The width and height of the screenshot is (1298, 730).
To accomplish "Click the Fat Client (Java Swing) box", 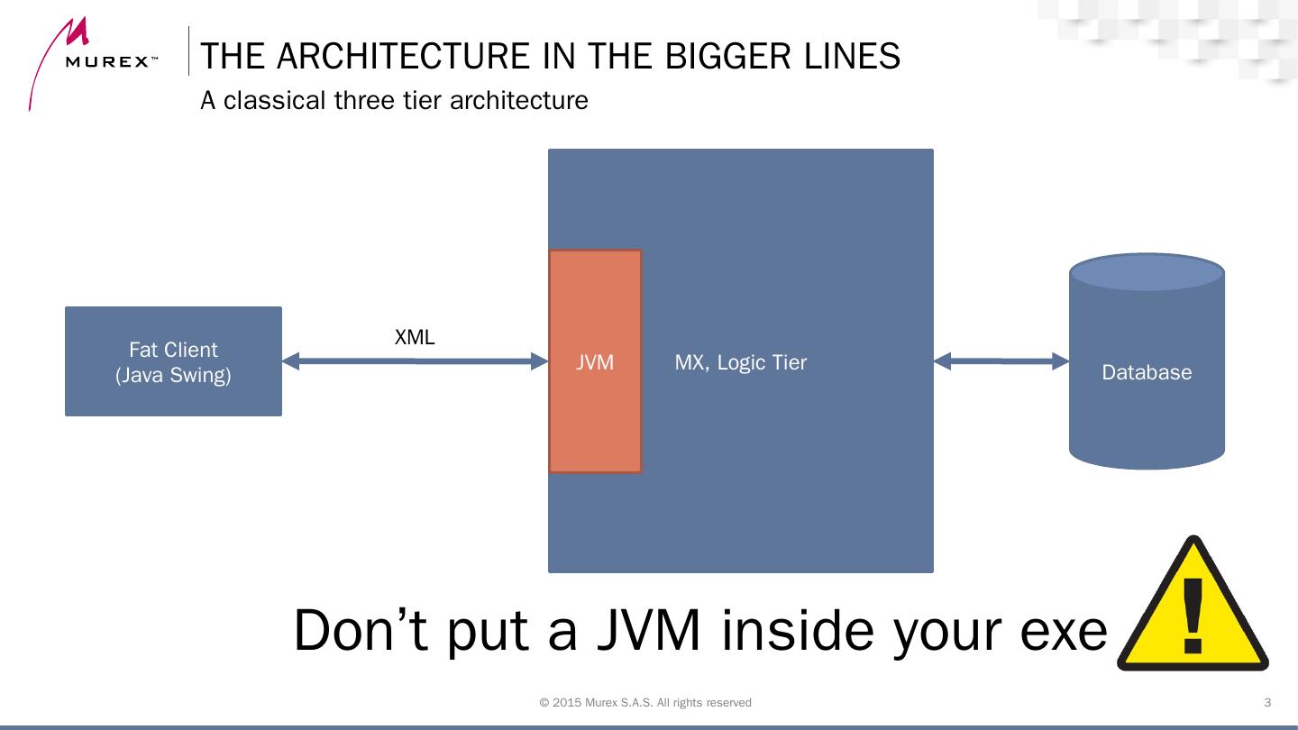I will (x=173, y=361).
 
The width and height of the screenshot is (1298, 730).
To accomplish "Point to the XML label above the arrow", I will (x=415, y=338).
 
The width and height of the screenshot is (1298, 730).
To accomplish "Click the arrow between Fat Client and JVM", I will (x=415, y=361).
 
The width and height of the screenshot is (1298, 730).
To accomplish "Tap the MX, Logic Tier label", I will (x=740, y=362).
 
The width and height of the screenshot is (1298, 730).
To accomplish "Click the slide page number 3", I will (x=1267, y=703).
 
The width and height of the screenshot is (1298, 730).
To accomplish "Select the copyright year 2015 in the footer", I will (x=566, y=703).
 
